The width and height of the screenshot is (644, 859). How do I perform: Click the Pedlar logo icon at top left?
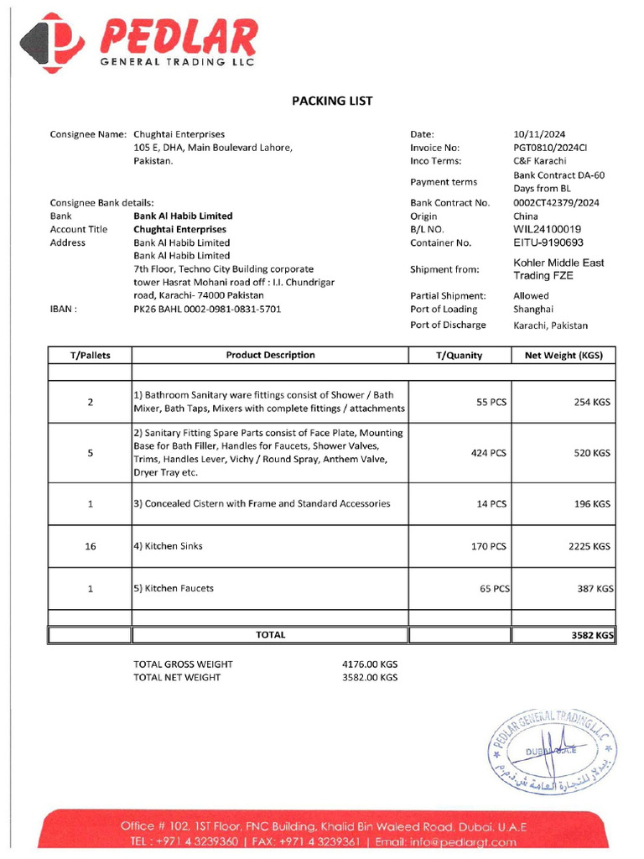pos(52,43)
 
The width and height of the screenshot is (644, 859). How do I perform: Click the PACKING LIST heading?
pos(331,101)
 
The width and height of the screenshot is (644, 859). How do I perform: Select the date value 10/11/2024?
pos(539,134)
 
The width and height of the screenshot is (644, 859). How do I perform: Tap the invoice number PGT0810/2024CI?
pos(550,148)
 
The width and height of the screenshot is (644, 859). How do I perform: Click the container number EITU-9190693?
pos(548,242)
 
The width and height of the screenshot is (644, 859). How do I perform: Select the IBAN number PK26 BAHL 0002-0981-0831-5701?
pos(207,309)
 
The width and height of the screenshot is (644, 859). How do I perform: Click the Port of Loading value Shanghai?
pos(533,309)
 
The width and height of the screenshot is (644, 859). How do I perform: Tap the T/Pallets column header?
pos(90,355)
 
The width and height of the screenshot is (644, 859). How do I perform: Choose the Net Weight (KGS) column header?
pos(563,355)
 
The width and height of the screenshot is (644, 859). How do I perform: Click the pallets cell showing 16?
pos(90,546)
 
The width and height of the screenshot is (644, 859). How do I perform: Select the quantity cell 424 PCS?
pos(489,453)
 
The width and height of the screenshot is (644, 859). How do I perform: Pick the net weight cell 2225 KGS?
pos(589,546)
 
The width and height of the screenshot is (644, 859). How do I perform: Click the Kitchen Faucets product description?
pos(174,588)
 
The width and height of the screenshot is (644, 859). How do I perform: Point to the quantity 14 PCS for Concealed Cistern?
pos(491,504)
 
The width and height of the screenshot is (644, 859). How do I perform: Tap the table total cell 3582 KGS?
pos(592,636)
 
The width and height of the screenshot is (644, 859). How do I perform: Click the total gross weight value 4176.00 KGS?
pos(370,664)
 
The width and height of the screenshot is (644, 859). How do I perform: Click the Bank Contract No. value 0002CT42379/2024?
pos(557,203)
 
